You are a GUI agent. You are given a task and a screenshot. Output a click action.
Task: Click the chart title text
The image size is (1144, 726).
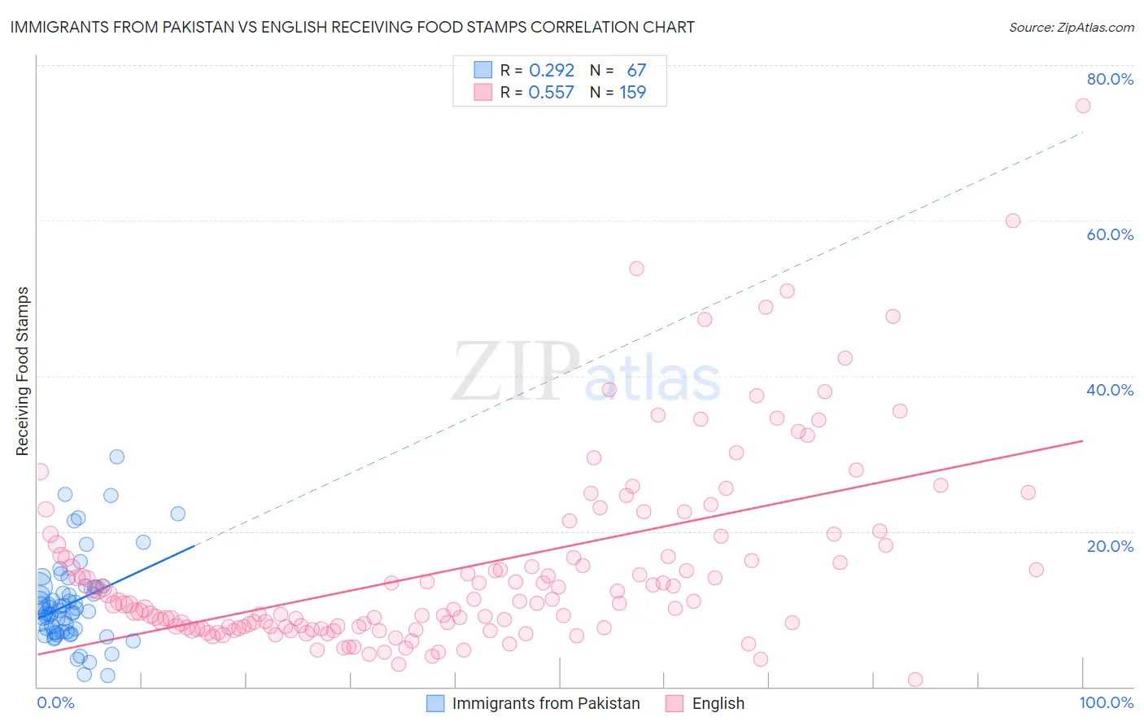tap(352, 27)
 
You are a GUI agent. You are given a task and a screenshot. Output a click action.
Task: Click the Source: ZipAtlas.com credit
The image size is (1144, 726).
tap(1071, 27)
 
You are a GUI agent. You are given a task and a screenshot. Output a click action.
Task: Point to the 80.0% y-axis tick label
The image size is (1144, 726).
tap(1110, 79)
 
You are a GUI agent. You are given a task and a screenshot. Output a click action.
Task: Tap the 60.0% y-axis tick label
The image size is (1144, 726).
tap(1110, 234)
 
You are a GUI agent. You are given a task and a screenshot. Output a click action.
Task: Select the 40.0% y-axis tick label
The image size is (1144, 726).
tap(1110, 390)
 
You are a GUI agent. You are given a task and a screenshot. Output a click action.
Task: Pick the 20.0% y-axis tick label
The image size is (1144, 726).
tap(1110, 546)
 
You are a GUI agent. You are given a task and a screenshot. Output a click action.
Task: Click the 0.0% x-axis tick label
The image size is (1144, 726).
tap(55, 702)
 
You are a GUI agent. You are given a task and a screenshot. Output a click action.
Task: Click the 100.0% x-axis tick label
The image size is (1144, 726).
tap(1106, 702)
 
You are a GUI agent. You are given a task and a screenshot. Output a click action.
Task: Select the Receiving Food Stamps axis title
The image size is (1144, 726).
tap(23, 371)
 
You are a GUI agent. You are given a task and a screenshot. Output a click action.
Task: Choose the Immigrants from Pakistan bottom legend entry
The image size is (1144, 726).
tap(545, 703)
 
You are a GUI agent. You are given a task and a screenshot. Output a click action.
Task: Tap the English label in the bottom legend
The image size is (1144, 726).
tap(718, 703)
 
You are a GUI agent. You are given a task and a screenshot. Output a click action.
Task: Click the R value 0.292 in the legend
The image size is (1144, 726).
tap(552, 71)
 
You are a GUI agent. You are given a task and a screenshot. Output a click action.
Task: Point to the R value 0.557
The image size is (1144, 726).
tap(552, 93)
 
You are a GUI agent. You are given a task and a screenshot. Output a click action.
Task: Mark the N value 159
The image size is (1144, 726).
tap(633, 93)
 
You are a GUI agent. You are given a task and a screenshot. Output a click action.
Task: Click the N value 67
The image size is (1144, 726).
tap(636, 71)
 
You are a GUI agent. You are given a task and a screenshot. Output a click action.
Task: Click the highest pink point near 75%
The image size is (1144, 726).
tap(1082, 106)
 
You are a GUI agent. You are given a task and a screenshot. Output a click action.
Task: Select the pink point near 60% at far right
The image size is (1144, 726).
tap(1012, 221)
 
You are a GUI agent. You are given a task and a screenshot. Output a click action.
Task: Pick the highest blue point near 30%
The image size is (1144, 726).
tap(117, 457)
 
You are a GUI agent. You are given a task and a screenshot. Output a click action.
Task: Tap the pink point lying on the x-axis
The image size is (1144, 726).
tap(915, 680)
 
